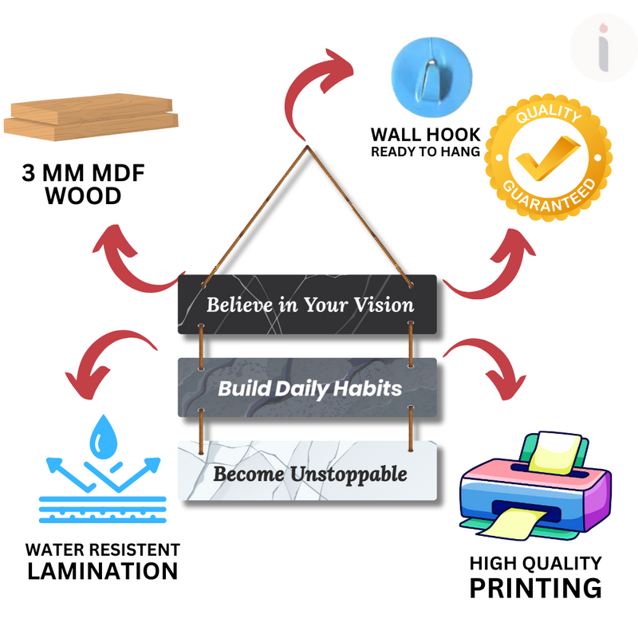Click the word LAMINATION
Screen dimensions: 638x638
[x=103, y=571]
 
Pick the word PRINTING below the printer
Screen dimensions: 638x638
[x=534, y=588]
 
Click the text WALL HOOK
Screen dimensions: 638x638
[x=425, y=134]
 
